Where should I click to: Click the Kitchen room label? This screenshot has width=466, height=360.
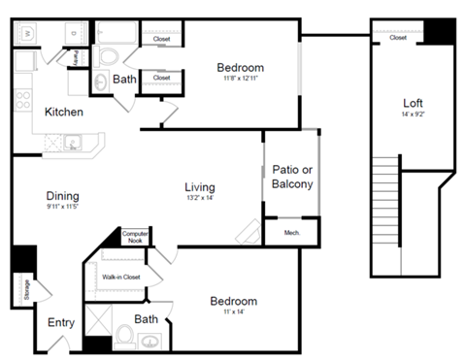[x=63, y=112]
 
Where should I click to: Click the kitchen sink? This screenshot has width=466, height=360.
[x=73, y=144]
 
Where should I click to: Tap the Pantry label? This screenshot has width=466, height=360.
[x=74, y=58]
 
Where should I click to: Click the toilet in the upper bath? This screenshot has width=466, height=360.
[x=103, y=82]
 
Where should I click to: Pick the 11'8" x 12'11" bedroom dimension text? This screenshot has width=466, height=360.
[x=240, y=79]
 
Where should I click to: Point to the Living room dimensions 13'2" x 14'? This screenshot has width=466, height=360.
[x=199, y=198]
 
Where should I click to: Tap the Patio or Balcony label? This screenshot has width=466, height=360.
[x=292, y=176]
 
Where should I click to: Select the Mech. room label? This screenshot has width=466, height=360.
[x=291, y=233]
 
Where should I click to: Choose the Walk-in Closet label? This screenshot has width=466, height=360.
[x=121, y=278]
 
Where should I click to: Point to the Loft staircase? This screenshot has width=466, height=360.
[x=385, y=216]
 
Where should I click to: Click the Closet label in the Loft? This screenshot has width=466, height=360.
[x=398, y=38]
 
